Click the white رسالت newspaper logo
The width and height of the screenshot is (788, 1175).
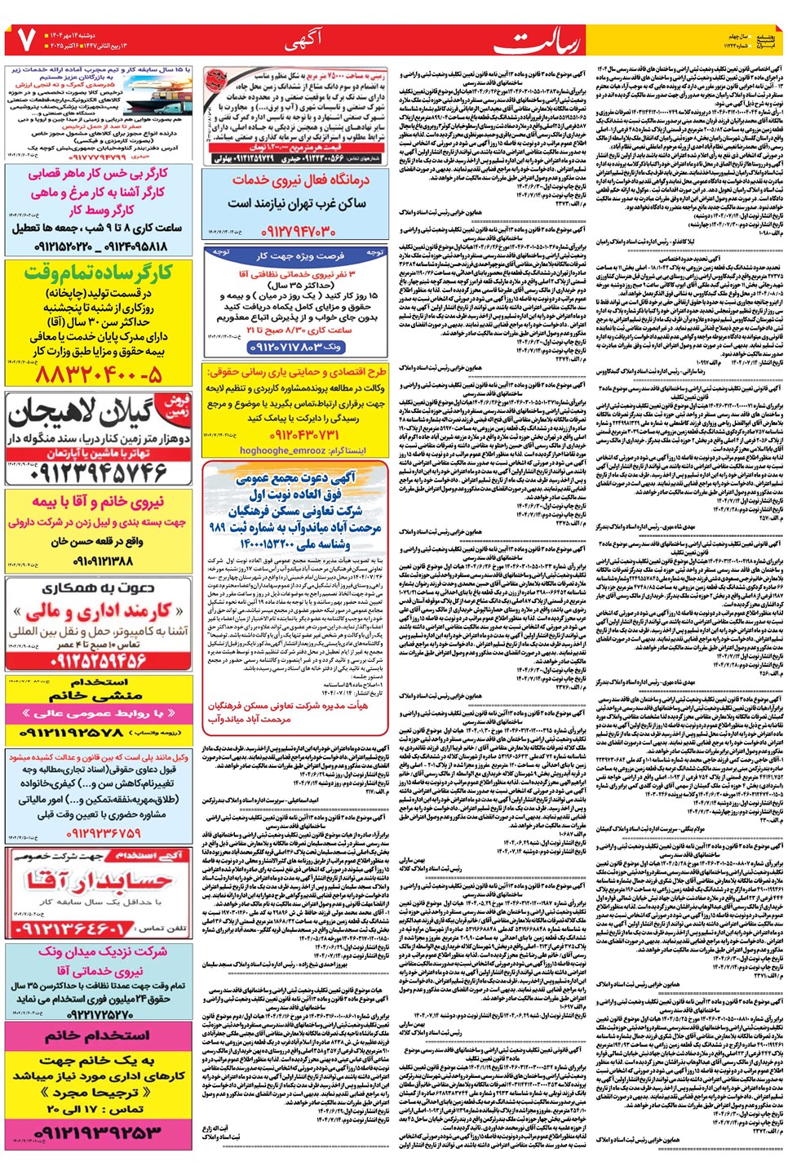pos(551,41)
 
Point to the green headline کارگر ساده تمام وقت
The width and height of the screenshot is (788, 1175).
pos(98,273)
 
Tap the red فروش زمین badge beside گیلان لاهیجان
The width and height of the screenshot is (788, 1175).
pos(176,406)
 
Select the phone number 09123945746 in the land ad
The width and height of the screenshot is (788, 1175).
pos(97,472)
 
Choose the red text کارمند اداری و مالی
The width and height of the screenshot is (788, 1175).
pos(98,610)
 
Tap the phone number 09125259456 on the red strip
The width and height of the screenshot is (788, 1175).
pos(98,659)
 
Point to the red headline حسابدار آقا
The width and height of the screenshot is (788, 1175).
pos(98,880)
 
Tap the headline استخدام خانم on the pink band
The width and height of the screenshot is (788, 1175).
pos(98,1034)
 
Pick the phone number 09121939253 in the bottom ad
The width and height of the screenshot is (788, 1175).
pos(98,1133)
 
